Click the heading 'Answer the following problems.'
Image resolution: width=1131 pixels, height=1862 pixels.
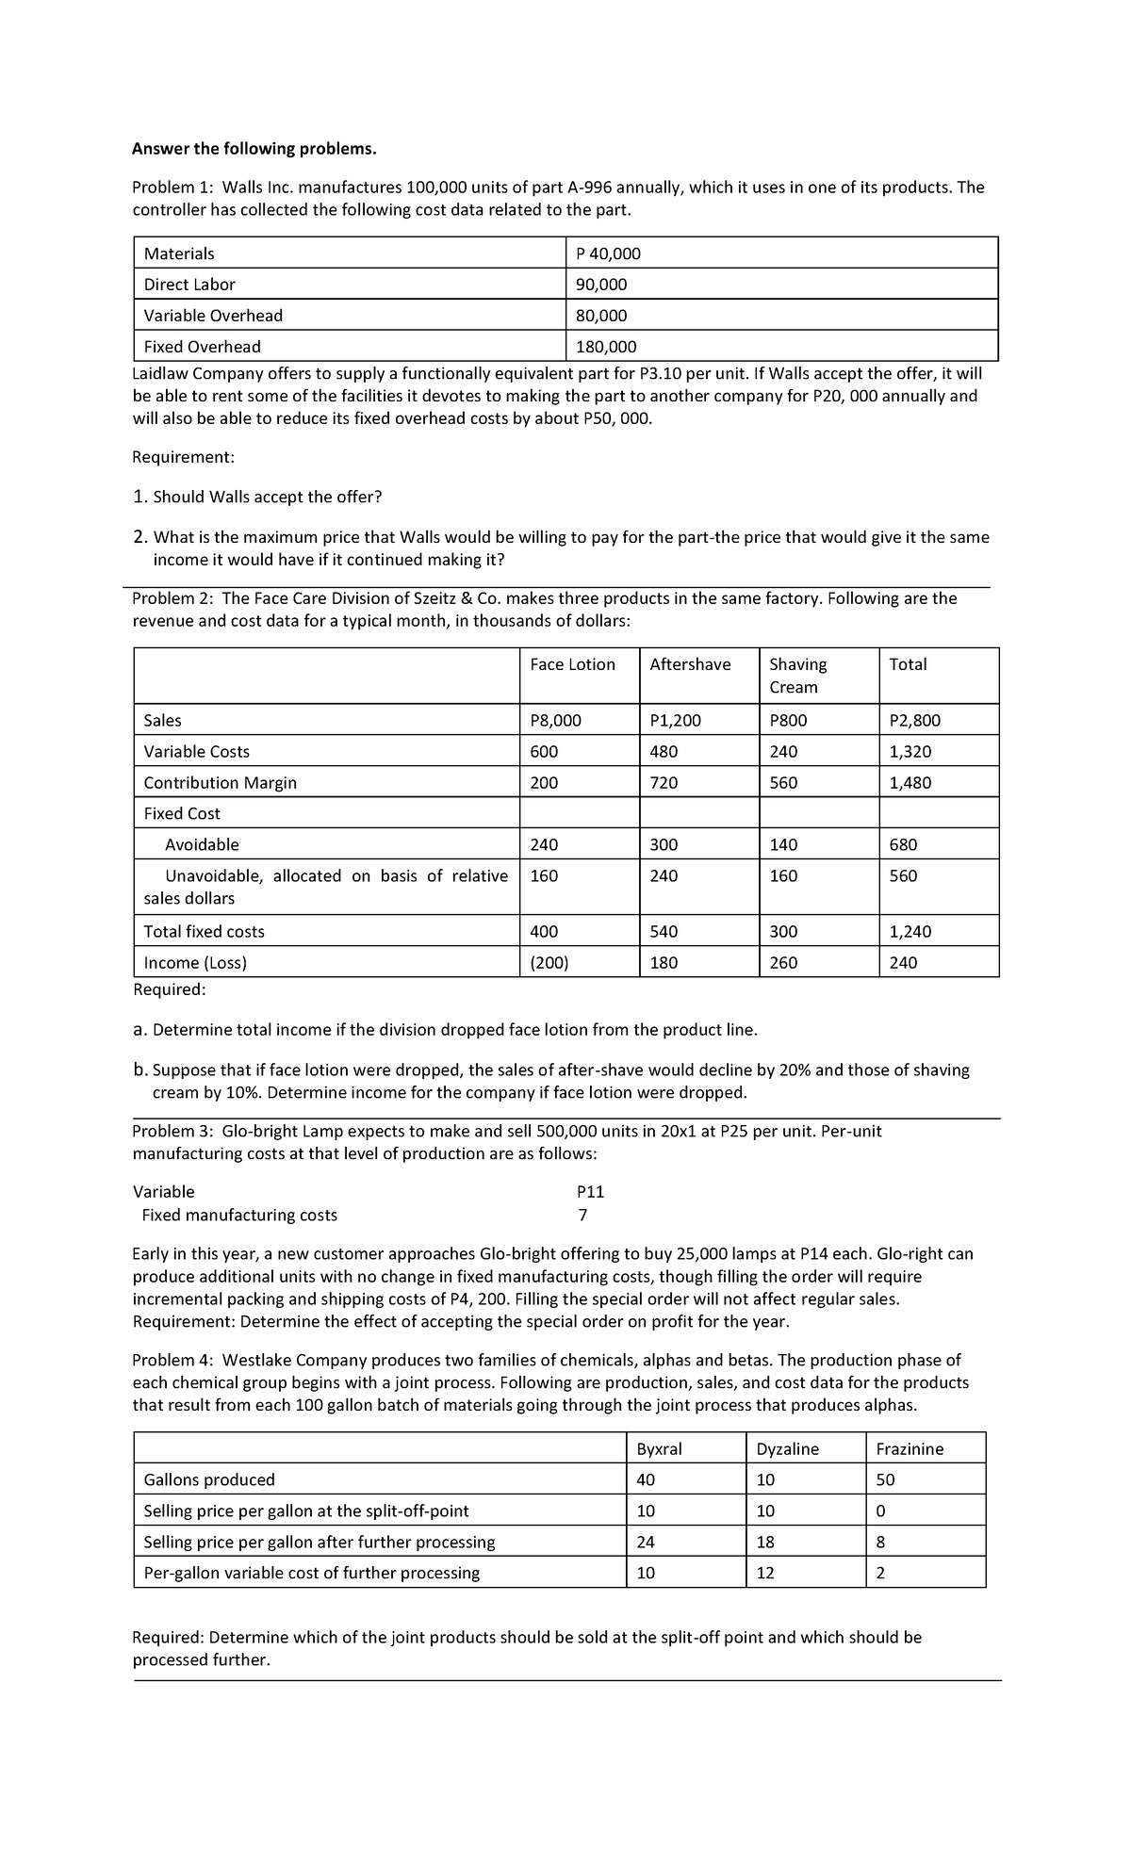tap(254, 149)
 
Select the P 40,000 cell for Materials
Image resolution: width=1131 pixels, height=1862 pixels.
tap(608, 253)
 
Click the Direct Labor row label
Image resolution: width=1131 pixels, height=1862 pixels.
tap(189, 285)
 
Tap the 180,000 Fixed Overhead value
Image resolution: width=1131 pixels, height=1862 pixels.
tap(606, 347)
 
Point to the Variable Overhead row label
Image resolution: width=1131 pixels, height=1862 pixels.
tap(213, 316)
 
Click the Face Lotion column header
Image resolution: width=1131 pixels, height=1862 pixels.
tap(572, 664)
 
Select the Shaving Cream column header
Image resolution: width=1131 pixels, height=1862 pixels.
tap(797, 676)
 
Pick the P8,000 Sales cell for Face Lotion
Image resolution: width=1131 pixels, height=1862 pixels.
tap(555, 721)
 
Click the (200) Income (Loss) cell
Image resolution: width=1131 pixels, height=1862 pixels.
tap(549, 963)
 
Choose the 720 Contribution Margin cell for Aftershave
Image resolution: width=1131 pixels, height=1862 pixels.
tap(664, 783)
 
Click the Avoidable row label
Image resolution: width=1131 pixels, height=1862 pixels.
tap(202, 845)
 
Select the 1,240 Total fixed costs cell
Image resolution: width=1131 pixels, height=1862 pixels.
tap(910, 932)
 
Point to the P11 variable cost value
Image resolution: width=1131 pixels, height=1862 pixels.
tap(590, 1192)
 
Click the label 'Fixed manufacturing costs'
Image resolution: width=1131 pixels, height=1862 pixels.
tap(239, 1216)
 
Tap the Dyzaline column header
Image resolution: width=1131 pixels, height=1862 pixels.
tap(788, 1449)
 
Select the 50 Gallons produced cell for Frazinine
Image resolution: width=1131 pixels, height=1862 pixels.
tap(885, 1480)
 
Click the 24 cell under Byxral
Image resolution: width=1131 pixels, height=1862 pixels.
tap(646, 1543)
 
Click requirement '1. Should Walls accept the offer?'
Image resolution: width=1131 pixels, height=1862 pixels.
tap(257, 497)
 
